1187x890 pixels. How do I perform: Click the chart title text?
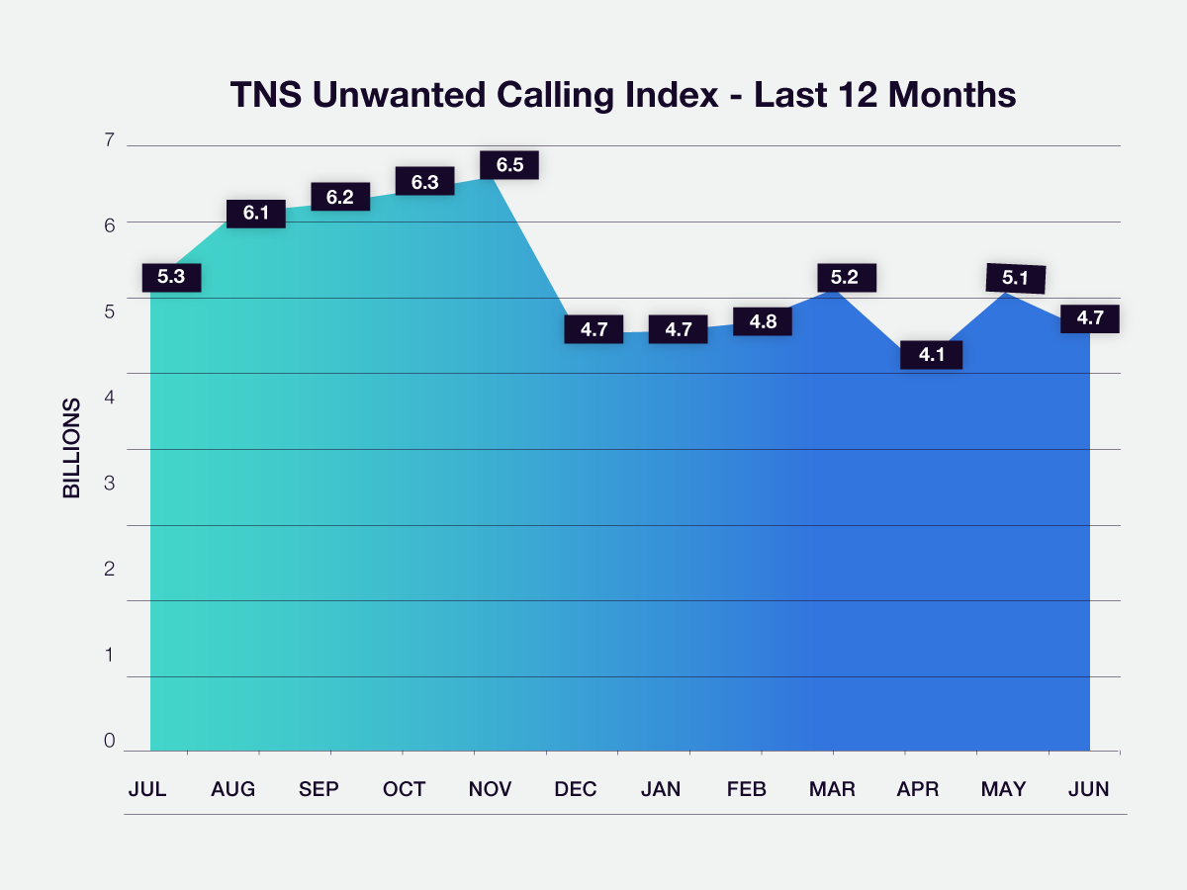[623, 95]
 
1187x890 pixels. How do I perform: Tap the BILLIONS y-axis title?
[72, 448]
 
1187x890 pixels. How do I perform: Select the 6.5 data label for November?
[509, 165]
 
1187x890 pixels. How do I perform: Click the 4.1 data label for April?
[932, 354]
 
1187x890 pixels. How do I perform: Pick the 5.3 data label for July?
[171, 277]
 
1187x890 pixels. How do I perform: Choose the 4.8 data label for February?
[763, 321]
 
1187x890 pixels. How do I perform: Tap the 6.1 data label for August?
[256, 213]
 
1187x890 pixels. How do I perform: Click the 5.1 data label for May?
[1016, 279]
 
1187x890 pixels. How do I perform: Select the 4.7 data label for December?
[593, 329]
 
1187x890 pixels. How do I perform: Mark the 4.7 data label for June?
[1089, 318]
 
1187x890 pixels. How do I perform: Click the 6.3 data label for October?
[424, 182]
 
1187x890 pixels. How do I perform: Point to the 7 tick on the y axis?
[109, 140]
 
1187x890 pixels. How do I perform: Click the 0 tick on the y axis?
[109, 742]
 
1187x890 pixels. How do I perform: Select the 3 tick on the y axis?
[109, 484]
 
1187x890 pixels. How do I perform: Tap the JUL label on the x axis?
[147, 789]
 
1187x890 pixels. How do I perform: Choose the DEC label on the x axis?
[576, 789]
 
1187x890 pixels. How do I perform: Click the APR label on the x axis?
[918, 789]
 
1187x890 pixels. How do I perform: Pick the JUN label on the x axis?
[1088, 789]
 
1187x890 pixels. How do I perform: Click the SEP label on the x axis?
[319, 789]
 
